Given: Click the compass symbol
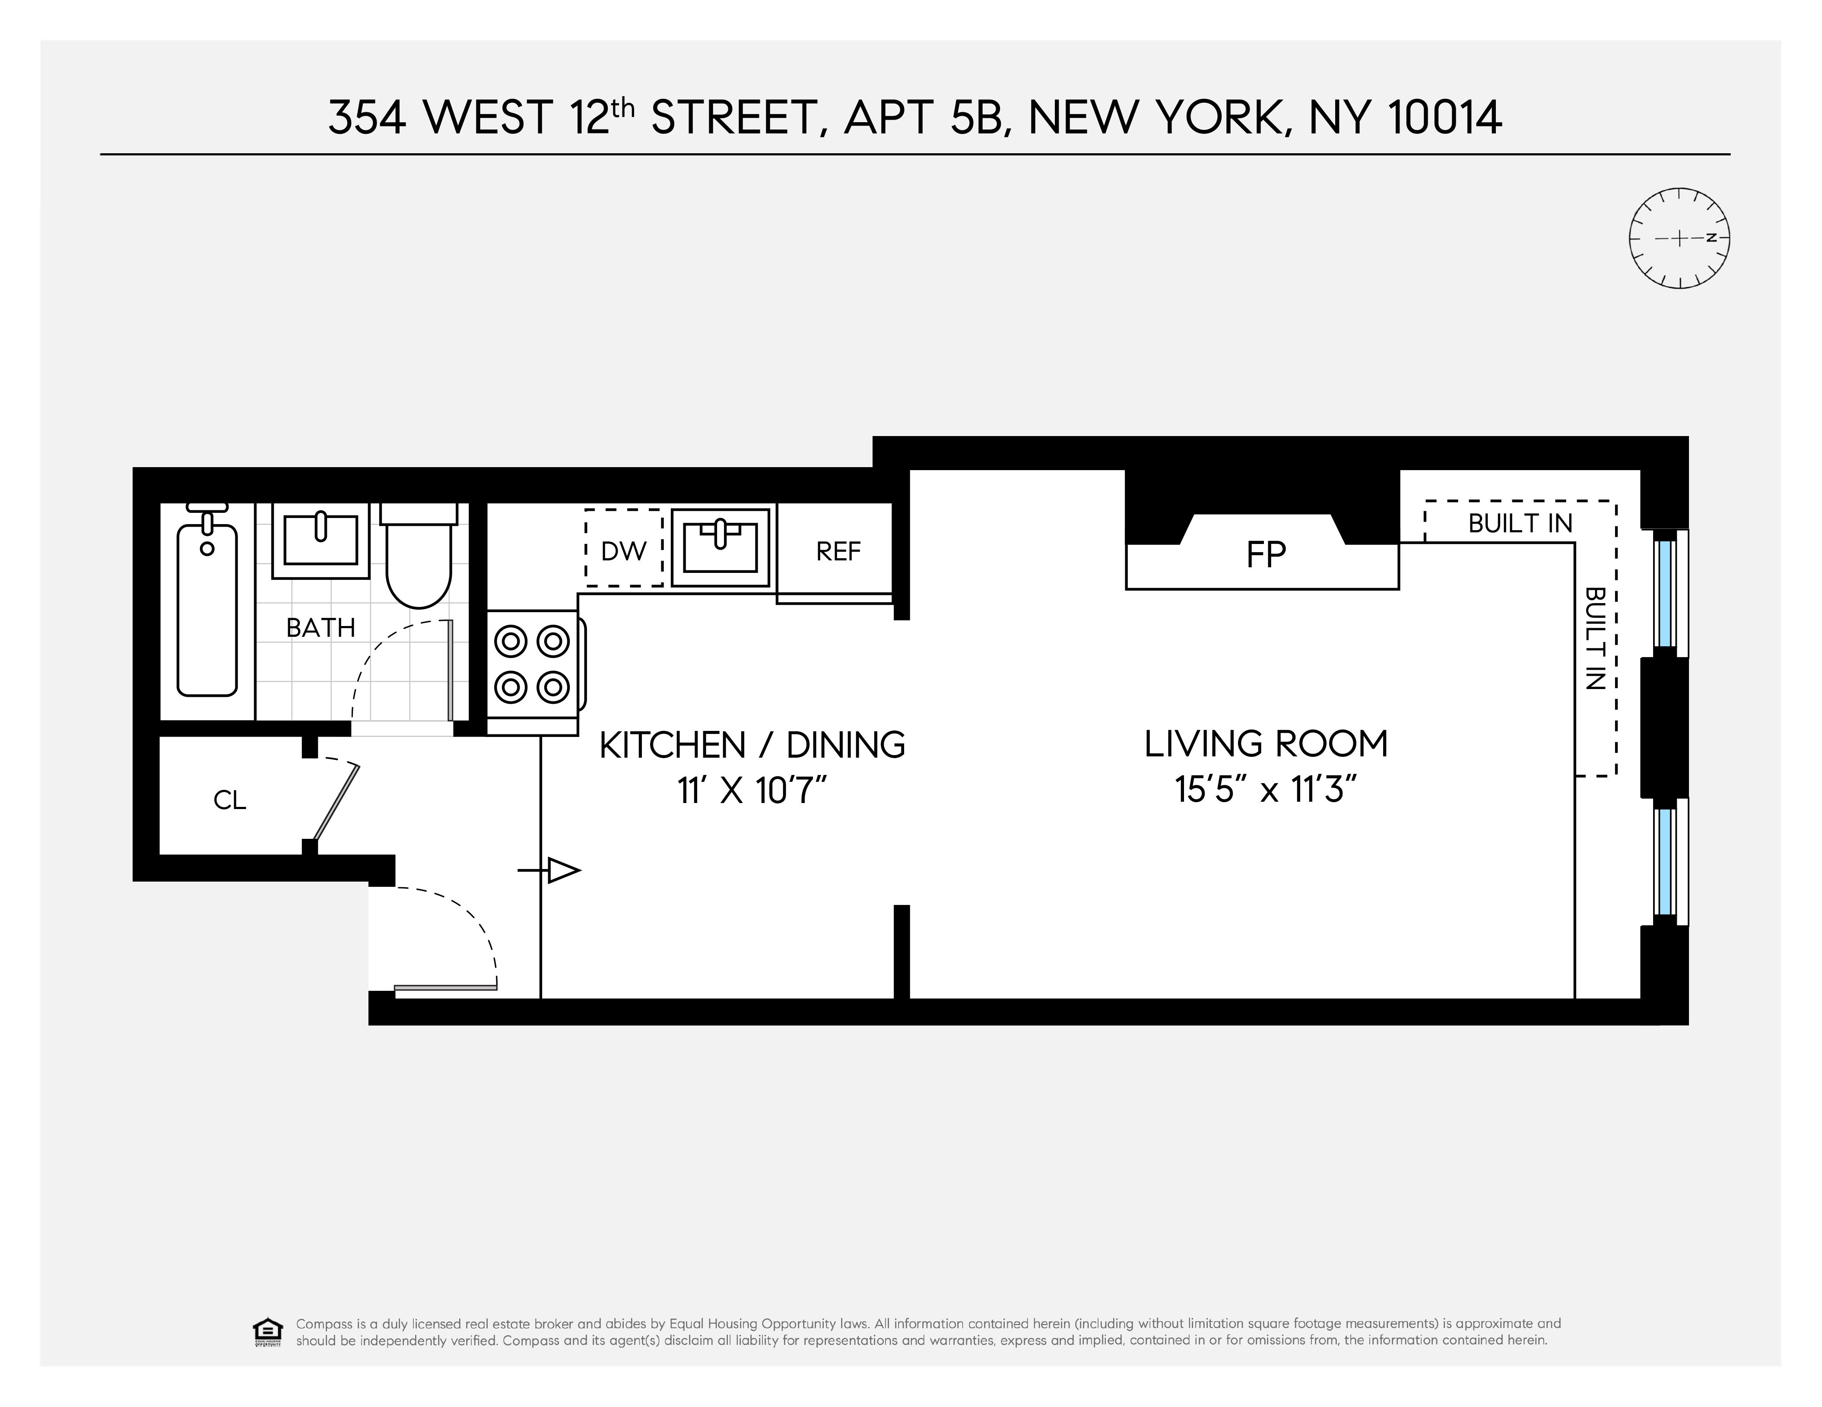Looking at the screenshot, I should (x=1679, y=239).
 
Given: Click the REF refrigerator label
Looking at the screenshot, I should (x=838, y=551).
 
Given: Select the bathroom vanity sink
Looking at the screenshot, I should (x=321, y=541).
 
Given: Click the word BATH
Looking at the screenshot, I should (x=321, y=627).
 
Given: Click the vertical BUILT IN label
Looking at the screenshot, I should (x=1594, y=638).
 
